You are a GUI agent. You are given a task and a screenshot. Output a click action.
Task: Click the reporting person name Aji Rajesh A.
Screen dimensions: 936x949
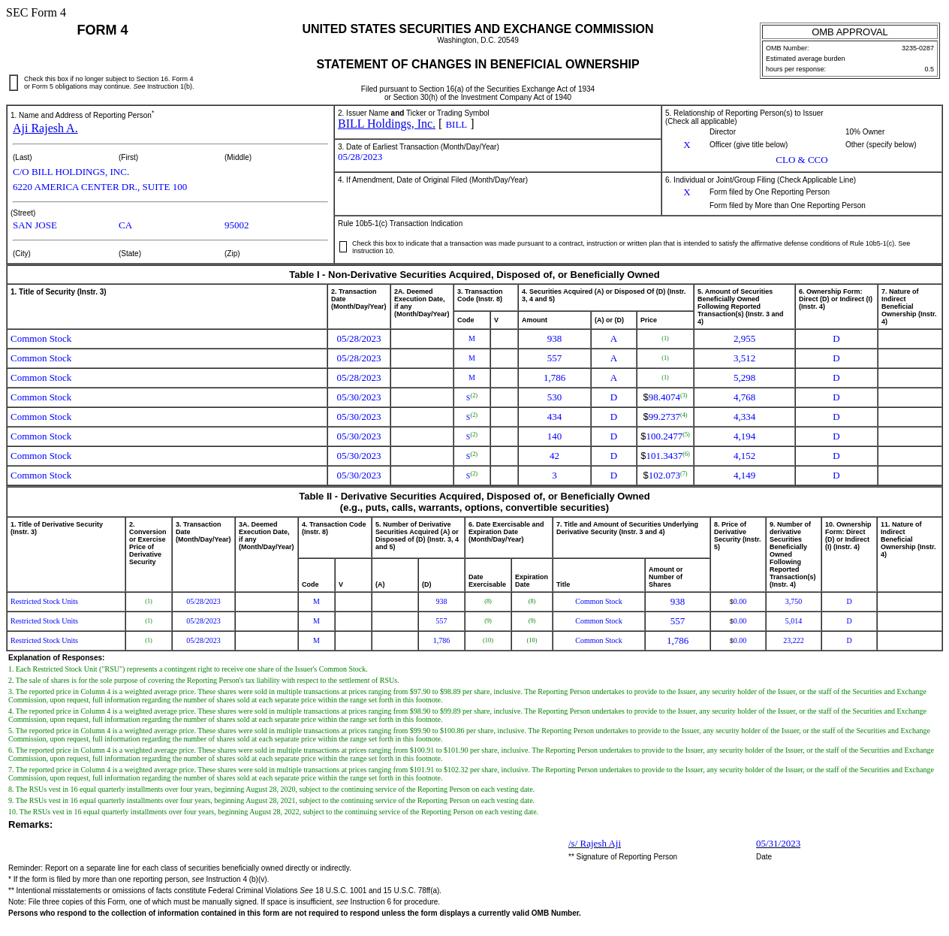tap(45, 128)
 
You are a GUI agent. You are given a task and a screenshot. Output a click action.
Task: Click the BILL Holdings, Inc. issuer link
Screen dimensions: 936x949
tap(386, 124)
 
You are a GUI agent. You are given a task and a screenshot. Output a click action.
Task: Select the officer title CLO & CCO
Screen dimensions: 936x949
tap(801, 160)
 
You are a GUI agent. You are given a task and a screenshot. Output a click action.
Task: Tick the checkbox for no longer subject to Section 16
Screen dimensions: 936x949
tap(14, 83)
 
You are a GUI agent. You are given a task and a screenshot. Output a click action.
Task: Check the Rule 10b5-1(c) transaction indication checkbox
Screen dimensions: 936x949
tap(343, 246)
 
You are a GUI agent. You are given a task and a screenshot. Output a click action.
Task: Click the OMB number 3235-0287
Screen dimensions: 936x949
tap(917, 48)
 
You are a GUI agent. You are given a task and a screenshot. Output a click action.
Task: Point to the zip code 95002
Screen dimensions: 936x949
tap(236, 225)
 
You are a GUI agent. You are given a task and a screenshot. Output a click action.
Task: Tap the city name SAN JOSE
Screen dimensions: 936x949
tap(35, 225)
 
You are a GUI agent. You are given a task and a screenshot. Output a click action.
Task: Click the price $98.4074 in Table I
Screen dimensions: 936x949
tap(664, 397)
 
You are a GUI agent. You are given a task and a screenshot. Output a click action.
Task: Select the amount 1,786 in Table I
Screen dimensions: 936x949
tap(554, 378)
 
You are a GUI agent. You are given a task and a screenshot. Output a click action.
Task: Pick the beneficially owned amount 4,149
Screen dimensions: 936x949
tap(744, 476)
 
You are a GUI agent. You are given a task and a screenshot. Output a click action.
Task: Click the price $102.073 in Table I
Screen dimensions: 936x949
tap(664, 476)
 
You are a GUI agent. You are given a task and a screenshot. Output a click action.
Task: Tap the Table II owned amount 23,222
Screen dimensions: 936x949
tap(793, 641)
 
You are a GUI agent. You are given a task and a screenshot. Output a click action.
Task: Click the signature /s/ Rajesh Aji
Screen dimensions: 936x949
tap(595, 844)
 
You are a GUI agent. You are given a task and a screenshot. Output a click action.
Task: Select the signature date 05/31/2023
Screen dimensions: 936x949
tap(778, 844)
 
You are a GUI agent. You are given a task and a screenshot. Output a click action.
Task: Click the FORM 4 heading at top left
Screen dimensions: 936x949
tap(102, 30)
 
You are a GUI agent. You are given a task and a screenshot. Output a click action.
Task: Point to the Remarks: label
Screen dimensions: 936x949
tap(31, 825)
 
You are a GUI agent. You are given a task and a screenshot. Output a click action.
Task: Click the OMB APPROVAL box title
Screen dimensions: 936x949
tap(849, 32)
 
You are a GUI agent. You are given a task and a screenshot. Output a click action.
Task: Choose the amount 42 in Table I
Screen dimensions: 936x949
tap(554, 456)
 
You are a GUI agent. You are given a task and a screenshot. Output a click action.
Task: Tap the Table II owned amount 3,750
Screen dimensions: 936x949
tap(793, 602)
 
